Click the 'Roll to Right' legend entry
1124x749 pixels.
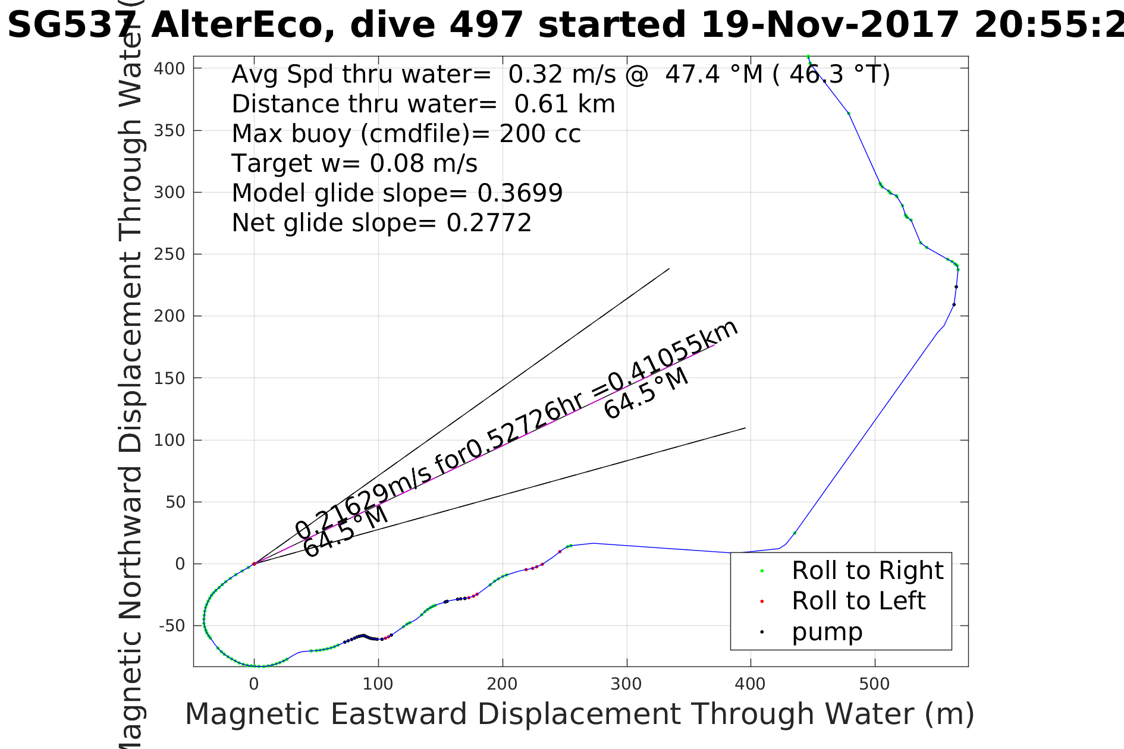point(867,571)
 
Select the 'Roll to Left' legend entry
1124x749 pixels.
point(858,601)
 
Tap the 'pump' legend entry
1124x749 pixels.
point(827,632)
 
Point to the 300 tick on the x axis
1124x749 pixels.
point(626,684)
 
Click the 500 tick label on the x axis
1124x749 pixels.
point(874,684)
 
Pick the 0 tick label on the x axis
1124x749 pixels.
point(254,684)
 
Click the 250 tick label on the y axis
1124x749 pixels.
point(169,254)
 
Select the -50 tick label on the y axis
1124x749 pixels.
point(172,626)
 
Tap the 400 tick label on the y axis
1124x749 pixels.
point(169,69)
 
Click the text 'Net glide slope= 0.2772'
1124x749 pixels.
point(381,223)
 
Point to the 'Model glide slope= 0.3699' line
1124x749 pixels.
point(397,193)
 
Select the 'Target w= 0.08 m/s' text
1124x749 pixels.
point(354,163)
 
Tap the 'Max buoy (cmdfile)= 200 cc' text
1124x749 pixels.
point(406,134)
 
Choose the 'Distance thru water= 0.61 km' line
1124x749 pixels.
point(423,104)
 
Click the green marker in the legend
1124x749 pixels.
point(762,571)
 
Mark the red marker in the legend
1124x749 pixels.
point(762,602)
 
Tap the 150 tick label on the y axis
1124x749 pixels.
point(169,378)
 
